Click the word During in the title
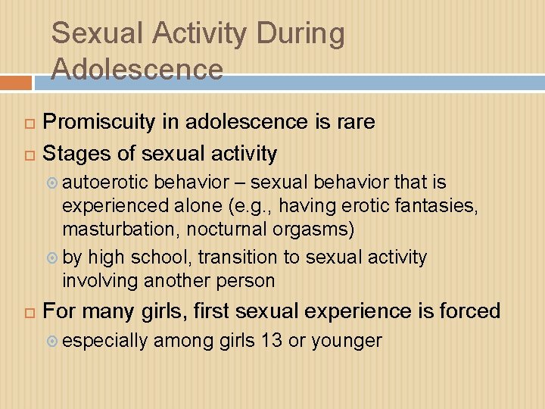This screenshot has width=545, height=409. [301, 34]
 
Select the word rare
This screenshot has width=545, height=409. [352, 122]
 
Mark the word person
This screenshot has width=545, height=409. [247, 280]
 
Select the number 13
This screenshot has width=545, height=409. [271, 341]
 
